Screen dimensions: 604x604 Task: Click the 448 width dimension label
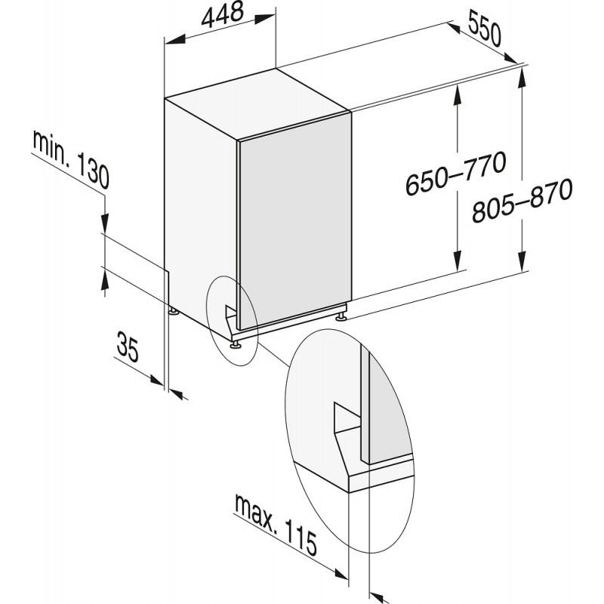pos(223,15)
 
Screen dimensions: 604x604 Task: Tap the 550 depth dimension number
pos(485,28)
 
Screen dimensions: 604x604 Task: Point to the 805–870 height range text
pos(522,200)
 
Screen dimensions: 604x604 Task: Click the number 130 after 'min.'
pos(93,171)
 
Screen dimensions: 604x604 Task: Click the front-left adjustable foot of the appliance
pos(235,345)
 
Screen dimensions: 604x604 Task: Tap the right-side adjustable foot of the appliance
pos(341,317)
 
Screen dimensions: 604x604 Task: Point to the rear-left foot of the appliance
pos(174,310)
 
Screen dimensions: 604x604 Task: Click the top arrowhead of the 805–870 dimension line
pos(522,77)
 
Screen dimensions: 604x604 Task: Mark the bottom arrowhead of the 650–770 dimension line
pos(458,260)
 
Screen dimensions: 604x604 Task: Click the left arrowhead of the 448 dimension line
pos(175,40)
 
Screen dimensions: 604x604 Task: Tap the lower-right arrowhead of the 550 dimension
pos(510,57)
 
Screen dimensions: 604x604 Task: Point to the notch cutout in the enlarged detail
pos(347,418)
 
